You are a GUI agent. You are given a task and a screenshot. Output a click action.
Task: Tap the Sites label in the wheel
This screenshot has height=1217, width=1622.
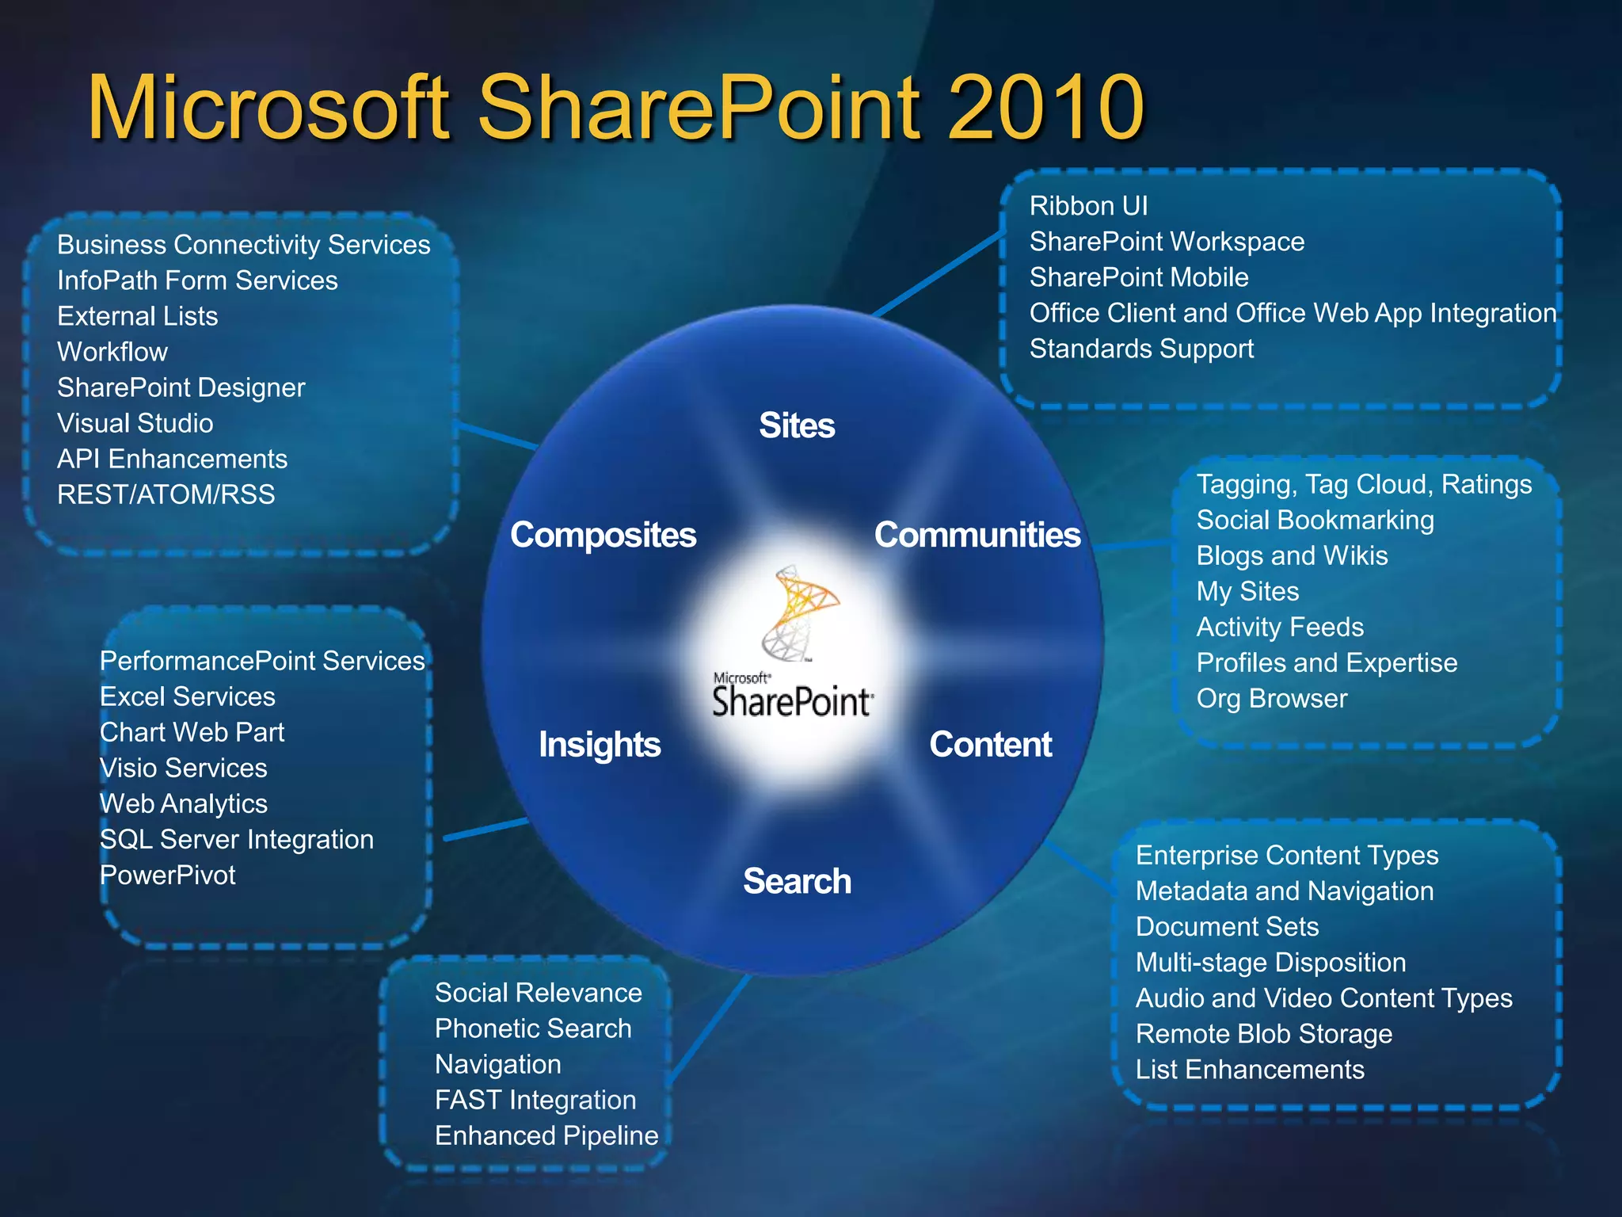click(797, 425)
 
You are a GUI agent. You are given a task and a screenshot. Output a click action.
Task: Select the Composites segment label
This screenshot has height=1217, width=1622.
click(603, 535)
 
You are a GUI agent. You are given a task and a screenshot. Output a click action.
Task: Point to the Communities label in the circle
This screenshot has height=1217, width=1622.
click(977, 535)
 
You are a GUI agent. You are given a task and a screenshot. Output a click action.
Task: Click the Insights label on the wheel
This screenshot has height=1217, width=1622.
click(600, 745)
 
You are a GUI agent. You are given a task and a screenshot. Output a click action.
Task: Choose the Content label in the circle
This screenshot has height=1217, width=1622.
click(990, 745)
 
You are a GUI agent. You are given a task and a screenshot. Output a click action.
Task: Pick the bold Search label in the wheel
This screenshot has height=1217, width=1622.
click(797, 881)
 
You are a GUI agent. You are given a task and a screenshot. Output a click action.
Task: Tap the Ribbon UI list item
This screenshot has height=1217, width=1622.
click(1088, 206)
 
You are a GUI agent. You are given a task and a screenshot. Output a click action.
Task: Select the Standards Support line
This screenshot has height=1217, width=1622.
click(1141, 349)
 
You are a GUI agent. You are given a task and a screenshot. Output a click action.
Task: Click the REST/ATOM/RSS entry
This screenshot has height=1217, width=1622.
click(166, 494)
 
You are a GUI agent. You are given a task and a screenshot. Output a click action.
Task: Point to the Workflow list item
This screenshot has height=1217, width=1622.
click(112, 352)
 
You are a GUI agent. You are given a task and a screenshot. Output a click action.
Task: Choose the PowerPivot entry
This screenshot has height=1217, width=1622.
click(168, 875)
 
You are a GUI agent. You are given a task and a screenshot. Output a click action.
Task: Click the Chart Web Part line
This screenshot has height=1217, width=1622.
click(192, 732)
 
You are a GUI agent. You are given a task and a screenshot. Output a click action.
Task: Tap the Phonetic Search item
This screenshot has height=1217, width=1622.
click(533, 1028)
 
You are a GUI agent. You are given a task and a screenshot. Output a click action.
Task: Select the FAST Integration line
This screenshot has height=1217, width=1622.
click(535, 1100)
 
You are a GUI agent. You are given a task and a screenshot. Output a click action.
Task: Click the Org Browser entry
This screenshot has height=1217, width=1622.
click(1271, 698)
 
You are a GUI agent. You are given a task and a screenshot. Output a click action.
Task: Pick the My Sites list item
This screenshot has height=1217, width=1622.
click(1247, 591)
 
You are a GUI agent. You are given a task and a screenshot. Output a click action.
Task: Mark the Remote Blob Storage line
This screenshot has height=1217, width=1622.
click(1263, 1034)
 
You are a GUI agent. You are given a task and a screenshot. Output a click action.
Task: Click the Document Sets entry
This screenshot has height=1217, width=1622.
click(1227, 927)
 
